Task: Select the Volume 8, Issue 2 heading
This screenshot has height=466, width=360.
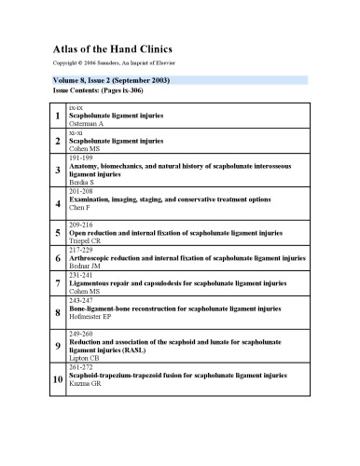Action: click(111, 81)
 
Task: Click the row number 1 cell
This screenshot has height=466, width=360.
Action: click(59, 116)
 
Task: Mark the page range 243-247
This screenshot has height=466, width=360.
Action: click(82, 299)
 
